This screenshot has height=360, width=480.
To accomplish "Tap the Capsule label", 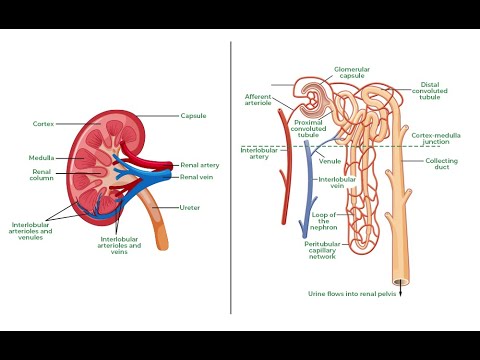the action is click(x=194, y=116).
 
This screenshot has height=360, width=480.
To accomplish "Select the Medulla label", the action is click(x=41, y=157).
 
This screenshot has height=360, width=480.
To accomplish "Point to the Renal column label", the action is click(x=40, y=176).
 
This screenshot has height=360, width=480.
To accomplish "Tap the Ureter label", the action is click(x=190, y=207).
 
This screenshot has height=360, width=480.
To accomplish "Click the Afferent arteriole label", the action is click(x=259, y=101).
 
